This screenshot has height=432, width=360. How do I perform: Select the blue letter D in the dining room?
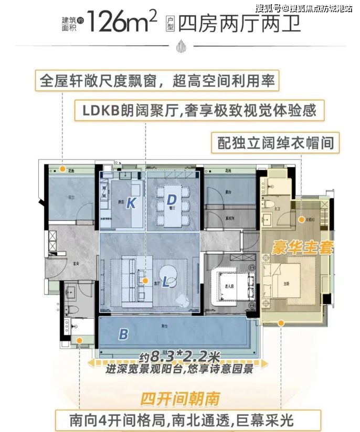pos(172,200)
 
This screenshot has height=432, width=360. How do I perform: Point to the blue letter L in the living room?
pos(166,283)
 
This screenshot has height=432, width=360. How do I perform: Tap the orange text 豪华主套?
pos(302,248)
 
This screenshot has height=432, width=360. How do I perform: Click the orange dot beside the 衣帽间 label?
pos(302,219)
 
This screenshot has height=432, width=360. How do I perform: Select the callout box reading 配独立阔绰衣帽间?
pos(273,142)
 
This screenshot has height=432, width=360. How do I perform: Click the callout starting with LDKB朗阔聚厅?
pos(198,111)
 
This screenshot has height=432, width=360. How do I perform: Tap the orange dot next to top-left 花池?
pos(62,169)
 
